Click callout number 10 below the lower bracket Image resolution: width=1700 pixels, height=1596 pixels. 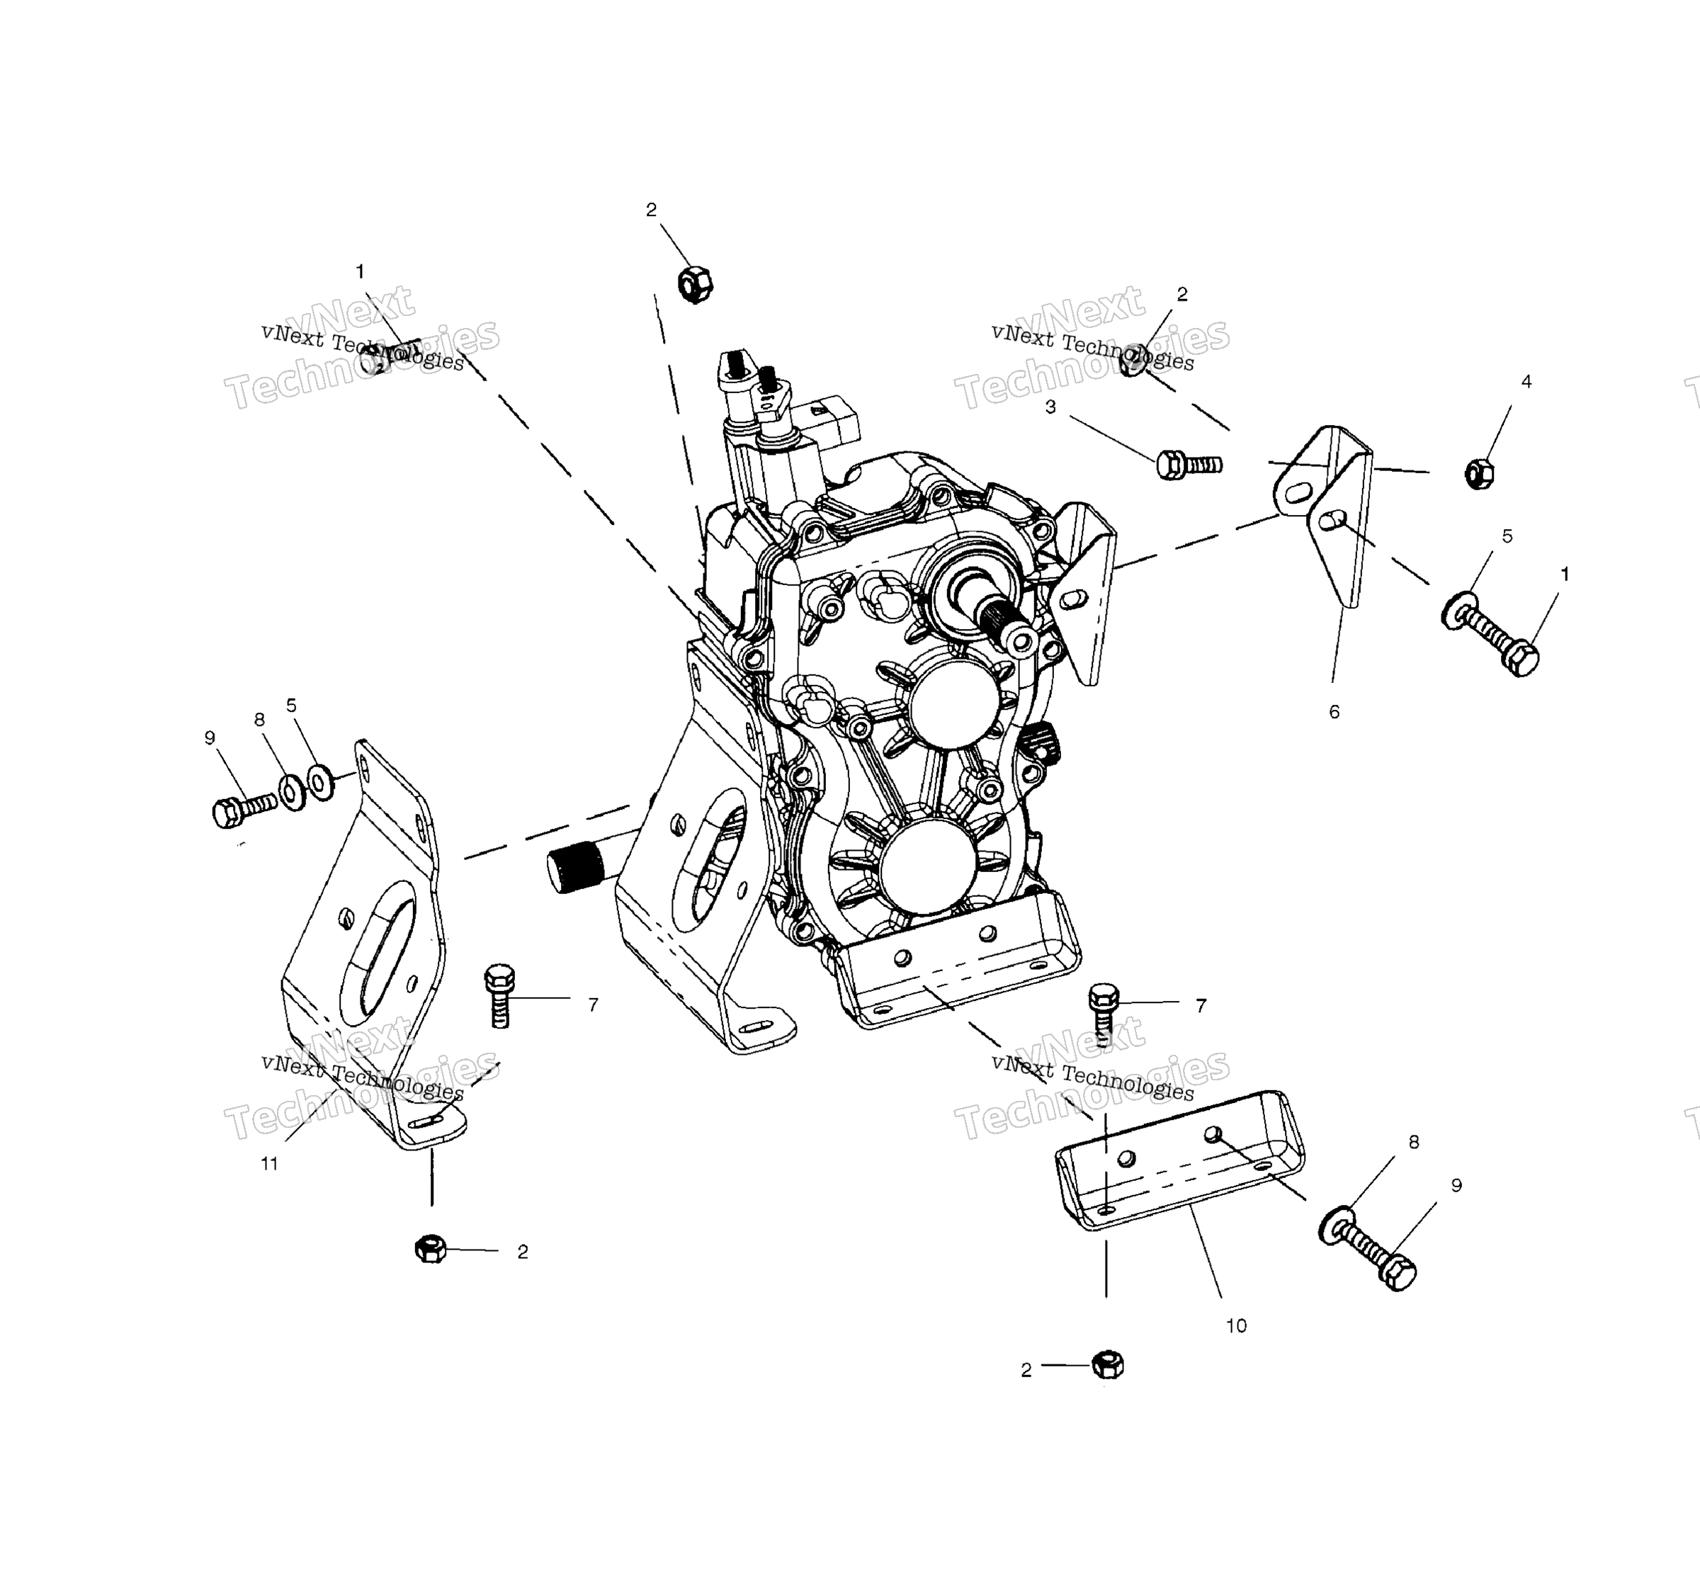click(1235, 1325)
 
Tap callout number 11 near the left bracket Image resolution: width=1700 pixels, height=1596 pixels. click(269, 1164)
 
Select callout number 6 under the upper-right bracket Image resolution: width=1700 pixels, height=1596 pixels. click(1334, 712)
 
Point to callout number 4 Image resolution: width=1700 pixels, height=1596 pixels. click(1526, 383)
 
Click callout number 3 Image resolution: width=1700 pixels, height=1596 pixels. click(1051, 407)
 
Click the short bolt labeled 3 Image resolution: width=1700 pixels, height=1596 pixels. click(1189, 465)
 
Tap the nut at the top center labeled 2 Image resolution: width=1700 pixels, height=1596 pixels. click(695, 284)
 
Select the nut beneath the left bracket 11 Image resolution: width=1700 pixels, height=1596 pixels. click(431, 1249)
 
